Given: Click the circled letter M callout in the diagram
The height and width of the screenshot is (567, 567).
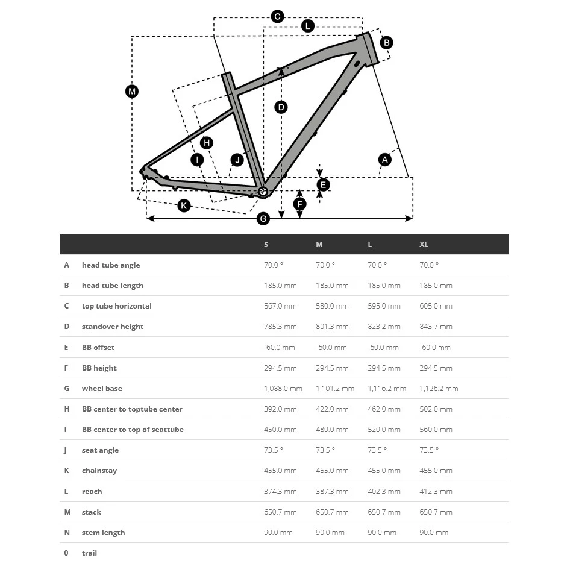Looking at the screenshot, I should click(132, 92).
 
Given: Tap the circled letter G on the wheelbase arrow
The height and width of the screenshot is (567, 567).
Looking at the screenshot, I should click(263, 219).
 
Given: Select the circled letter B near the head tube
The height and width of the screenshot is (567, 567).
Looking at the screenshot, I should click(386, 42).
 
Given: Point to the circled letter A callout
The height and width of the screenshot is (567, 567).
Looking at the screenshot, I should click(384, 160).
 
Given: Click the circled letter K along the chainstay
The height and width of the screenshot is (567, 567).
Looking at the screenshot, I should click(184, 206).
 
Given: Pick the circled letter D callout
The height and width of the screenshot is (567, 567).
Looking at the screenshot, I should click(281, 107).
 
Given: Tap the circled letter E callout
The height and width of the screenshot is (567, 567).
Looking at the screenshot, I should click(323, 184).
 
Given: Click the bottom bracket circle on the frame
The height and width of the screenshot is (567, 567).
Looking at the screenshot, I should click(263, 192).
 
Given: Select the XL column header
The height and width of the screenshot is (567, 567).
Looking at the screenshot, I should click(424, 245).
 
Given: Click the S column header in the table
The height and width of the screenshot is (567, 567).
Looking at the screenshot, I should click(266, 245).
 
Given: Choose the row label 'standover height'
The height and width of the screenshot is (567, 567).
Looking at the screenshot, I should click(113, 327).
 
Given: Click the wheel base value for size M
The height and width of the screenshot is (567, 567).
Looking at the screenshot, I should click(335, 389).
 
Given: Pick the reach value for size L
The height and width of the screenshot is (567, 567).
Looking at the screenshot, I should click(384, 492).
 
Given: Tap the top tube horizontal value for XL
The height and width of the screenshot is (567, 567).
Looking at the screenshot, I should click(436, 306).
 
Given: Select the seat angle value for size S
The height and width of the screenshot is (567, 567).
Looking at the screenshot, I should click(274, 450).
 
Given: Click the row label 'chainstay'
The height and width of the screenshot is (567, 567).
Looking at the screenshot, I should click(99, 471).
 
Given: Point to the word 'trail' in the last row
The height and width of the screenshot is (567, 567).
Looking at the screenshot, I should click(89, 553).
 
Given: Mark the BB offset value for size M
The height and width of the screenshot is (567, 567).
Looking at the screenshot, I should click(331, 348).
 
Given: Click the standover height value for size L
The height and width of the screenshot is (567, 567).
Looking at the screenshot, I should click(384, 327).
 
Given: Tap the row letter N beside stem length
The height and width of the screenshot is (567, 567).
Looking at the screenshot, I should click(67, 533).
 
